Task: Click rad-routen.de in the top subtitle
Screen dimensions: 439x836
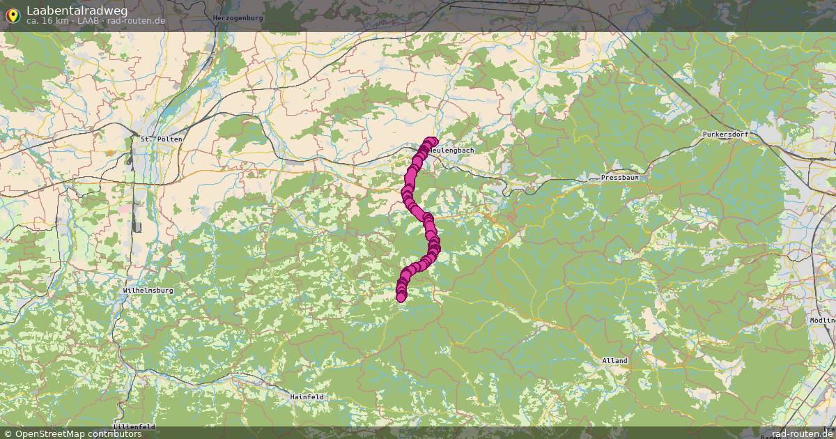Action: pyautogui.click(x=137, y=21)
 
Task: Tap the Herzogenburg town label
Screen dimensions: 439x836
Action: pyautogui.click(x=238, y=17)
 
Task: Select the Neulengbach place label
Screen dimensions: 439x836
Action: pyautogui.click(x=453, y=150)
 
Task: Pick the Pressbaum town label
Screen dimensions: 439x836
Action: pyautogui.click(x=619, y=178)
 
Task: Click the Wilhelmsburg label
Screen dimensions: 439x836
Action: pyautogui.click(x=147, y=290)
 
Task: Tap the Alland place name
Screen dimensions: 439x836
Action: pyautogui.click(x=614, y=361)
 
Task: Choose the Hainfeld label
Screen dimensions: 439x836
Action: pyautogui.click(x=307, y=396)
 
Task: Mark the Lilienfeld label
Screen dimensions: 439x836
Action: pyautogui.click(x=133, y=426)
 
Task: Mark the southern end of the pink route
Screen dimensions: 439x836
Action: pyautogui.click(x=401, y=298)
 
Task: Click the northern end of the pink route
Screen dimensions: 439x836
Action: pyautogui.click(x=432, y=141)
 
